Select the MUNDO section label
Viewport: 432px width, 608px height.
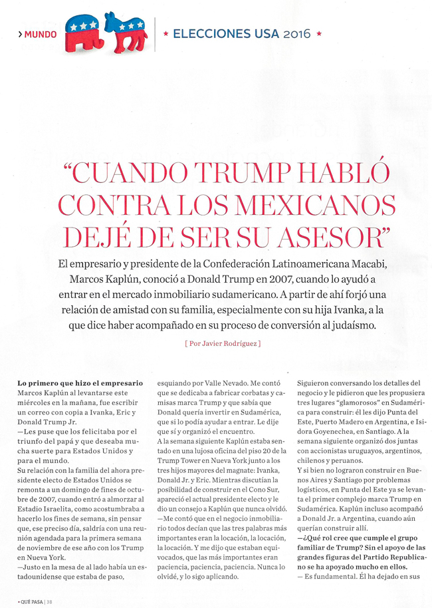click(x=41, y=34)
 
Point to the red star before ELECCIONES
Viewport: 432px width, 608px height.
click(x=165, y=33)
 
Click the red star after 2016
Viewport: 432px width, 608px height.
click(x=319, y=33)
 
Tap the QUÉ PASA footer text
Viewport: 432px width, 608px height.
click(x=28, y=599)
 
